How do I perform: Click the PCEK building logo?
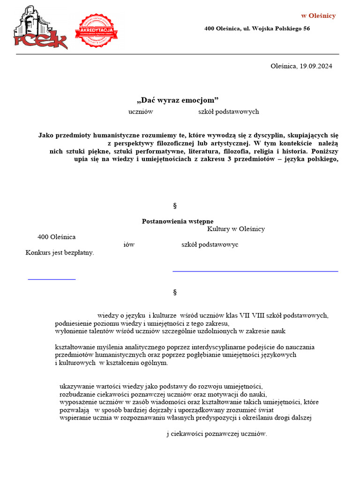coord(40,28)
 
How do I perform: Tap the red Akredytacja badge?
coord(96,30)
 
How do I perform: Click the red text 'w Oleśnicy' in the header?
coord(318,16)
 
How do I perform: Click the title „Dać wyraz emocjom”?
coord(178,100)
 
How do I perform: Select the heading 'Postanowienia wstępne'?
coord(178,221)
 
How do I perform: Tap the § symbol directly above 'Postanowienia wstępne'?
coord(175,205)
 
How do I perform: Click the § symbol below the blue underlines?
coord(175,292)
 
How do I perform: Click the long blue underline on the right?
coord(255,271)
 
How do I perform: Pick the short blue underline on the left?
coord(52,279)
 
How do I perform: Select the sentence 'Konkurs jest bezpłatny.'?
coord(60,253)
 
